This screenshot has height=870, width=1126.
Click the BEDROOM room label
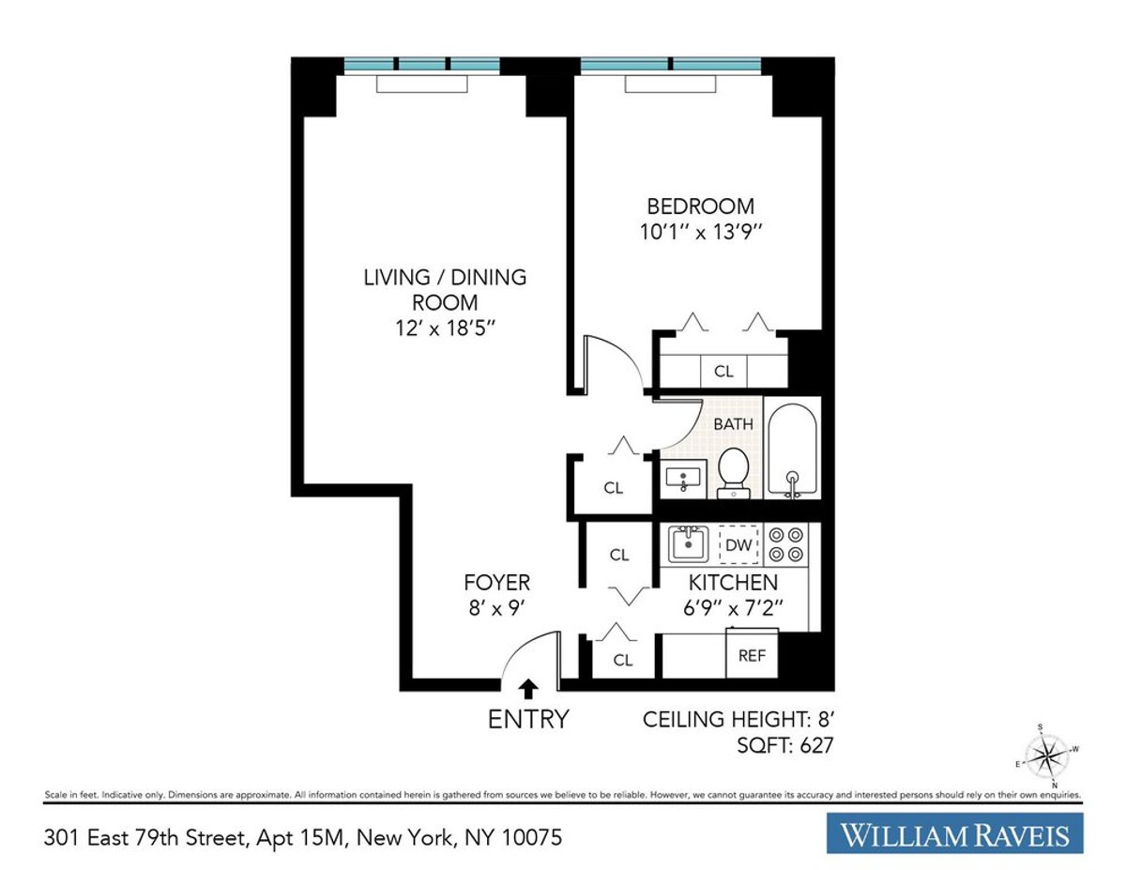point(701,206)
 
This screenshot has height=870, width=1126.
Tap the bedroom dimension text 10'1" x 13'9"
point(701,232)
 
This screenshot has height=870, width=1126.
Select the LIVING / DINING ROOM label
point(445,290)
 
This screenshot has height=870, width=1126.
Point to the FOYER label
point(496,582)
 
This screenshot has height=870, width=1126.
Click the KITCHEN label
point(733,583)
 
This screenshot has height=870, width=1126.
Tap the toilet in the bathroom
point(732,472)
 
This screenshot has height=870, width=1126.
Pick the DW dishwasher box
point(738,544)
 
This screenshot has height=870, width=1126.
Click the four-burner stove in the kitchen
point(786,543)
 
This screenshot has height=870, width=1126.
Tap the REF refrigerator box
point(753,655)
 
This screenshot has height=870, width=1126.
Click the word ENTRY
point(528,720)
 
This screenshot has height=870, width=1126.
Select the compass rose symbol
point(1049,755)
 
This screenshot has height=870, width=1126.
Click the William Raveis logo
point(954,833)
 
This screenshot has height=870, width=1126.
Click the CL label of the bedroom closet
point(723,372)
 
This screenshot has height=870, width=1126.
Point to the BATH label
point(733,423)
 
